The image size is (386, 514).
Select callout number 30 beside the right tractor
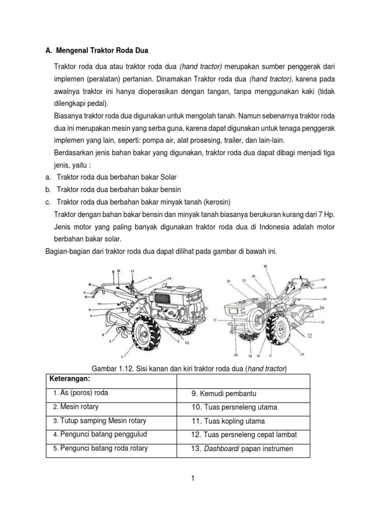[321, 307]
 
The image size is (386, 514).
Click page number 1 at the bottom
[192, 478]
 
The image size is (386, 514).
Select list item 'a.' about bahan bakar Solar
[48, 178]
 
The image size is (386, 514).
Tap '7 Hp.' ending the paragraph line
[326, 214]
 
